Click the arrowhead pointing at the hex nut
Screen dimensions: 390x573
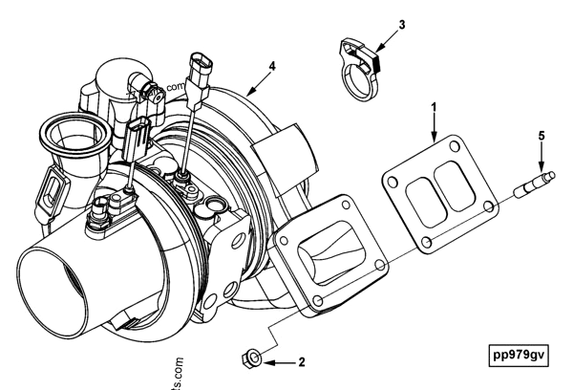[267, 363]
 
